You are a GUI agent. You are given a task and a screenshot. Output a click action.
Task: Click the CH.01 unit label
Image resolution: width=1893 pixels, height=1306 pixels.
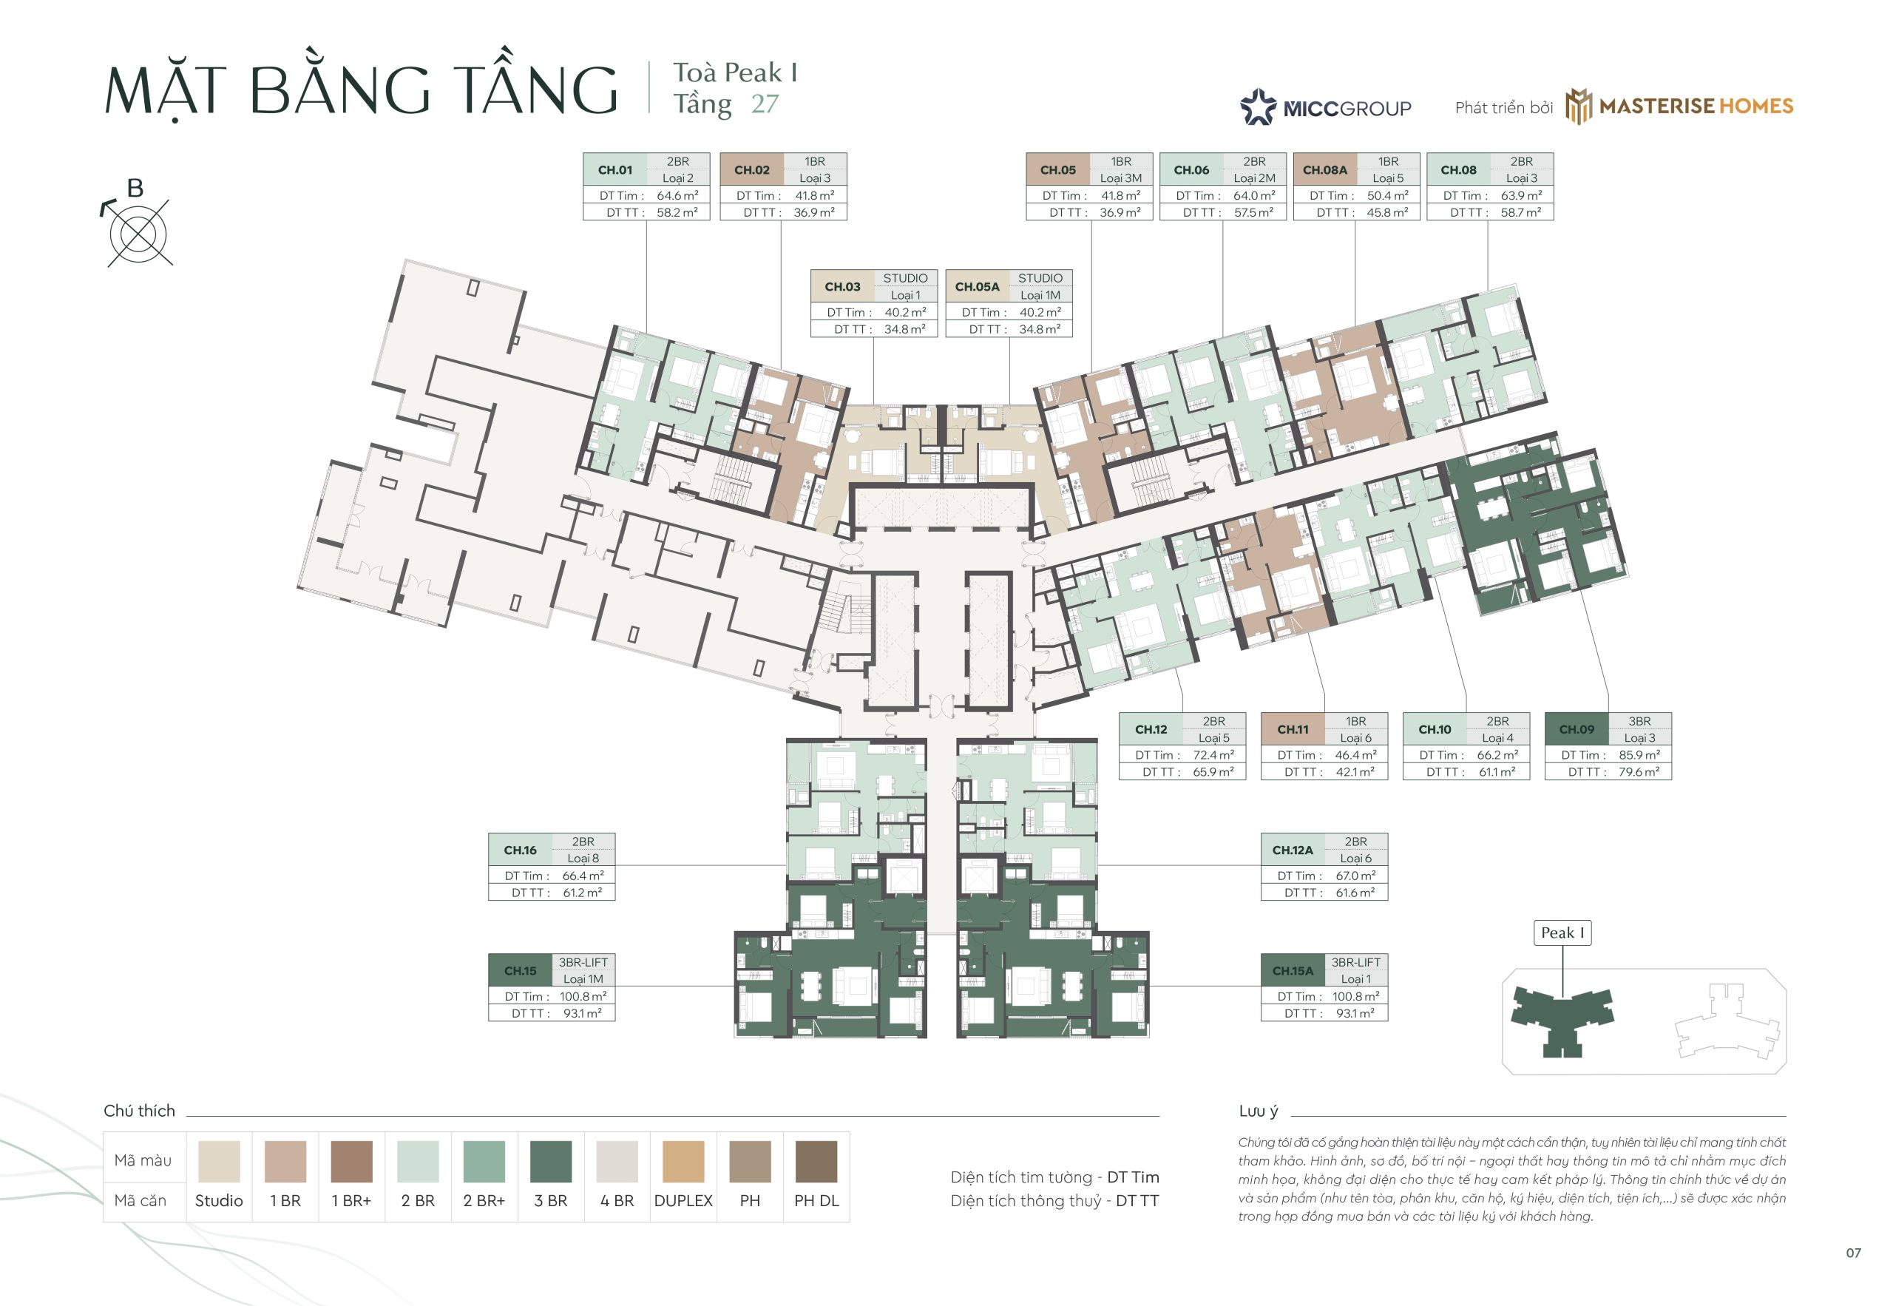pyautogui.click(x=614, y=170)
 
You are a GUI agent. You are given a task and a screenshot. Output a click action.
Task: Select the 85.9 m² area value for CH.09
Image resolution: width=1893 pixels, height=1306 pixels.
pyautogui.click(x=1639, y=755)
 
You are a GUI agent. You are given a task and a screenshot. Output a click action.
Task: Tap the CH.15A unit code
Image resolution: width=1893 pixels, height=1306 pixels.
pyautogui.click(x=1293, y=971)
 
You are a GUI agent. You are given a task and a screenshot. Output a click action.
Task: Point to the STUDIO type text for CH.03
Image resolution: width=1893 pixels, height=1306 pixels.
pyautogui.click(x=905, y=278)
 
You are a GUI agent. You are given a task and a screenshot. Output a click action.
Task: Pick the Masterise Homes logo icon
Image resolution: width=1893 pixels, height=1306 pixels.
pyautogui.click(x=1579, y=106)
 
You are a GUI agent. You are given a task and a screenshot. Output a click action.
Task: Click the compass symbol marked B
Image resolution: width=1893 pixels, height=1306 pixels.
pyautogui.click(x=138, y=231)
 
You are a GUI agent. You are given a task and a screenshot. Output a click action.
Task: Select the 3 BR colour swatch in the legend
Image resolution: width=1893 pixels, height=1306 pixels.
pyautogui.click(x=551, y=1161)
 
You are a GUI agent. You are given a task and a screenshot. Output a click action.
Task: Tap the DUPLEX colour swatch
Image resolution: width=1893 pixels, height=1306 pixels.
pyautogui.click(x=683, y=1161)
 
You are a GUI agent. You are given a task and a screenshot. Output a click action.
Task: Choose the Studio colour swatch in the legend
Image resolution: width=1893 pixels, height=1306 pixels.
pyautogui.click(x=218, y=1161)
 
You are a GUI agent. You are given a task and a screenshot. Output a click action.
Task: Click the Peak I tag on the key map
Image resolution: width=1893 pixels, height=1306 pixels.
pyautogui.click(x=1562, y=933)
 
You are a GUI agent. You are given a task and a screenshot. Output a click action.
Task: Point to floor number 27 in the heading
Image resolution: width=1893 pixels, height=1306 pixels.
pyautogui.click(x=765, y=104)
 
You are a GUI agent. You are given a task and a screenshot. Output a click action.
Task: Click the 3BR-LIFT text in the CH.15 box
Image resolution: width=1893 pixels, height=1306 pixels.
pyautogui.click(x=583, y=962)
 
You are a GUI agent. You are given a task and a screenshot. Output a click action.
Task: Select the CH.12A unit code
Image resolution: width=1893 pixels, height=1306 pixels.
pyautogui.click(x=1293, y=850)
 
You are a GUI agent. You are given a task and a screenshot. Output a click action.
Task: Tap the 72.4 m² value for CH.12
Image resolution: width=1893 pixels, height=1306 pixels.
pyautogui.click(x=1213, y=755)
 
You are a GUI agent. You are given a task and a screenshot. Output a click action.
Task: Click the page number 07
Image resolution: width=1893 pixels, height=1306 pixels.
pyautogui.click(x=1853, y=1253)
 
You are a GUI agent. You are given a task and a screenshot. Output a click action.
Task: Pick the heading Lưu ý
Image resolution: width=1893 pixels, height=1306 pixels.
pyautogui.click(x=1259, y=1112)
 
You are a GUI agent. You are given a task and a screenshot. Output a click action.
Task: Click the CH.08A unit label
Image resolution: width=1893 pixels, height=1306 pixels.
pyautogui.click(x=1324, y=170)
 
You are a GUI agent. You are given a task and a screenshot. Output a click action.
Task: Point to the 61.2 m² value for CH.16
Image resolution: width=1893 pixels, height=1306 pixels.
pyautogui.click(x=583, y=893)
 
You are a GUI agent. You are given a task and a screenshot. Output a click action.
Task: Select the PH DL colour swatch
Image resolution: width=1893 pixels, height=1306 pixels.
pyautogui.click(x=816, y=1161)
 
